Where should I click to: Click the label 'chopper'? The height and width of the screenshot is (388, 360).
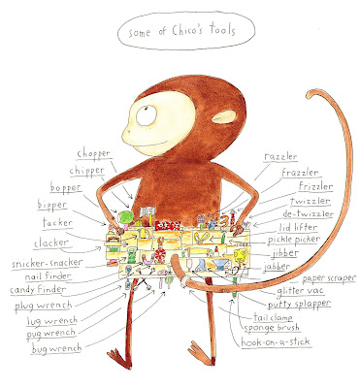[x=94, y=154]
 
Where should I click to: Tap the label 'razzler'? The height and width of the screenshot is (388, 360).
[x=280, y=156]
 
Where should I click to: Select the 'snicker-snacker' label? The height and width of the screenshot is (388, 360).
[x=48, y=263]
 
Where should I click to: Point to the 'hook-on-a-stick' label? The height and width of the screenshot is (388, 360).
[x=276, y=341]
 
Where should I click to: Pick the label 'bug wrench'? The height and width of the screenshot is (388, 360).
[x=57, y=348]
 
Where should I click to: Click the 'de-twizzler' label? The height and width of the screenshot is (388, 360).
[x=308, y=214]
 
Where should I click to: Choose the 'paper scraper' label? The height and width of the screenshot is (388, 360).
[x=329, y=278]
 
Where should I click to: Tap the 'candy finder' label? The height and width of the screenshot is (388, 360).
[x=38, y=290]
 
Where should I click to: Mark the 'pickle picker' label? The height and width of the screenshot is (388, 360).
[x=294, y=240]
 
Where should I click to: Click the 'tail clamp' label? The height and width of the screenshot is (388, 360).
[x=273, y=317]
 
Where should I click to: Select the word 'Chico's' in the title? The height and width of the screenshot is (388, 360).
[x=188, y=30]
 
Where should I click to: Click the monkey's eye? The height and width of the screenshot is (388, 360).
[x=147, y=115]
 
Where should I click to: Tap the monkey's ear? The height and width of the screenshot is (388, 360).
[x=224, y=116]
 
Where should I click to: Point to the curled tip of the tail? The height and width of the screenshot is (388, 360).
[x=311, y=95]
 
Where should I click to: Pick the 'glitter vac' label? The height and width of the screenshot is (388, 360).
[x=300, y=291]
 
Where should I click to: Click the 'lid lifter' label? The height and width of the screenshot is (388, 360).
[x=298, y=227]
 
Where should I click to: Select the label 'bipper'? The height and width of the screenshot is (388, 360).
[x=52, y=205]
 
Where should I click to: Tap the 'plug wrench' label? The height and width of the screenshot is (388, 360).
[x=43, y=306]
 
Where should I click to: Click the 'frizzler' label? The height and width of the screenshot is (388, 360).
[x=315, y=186]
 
